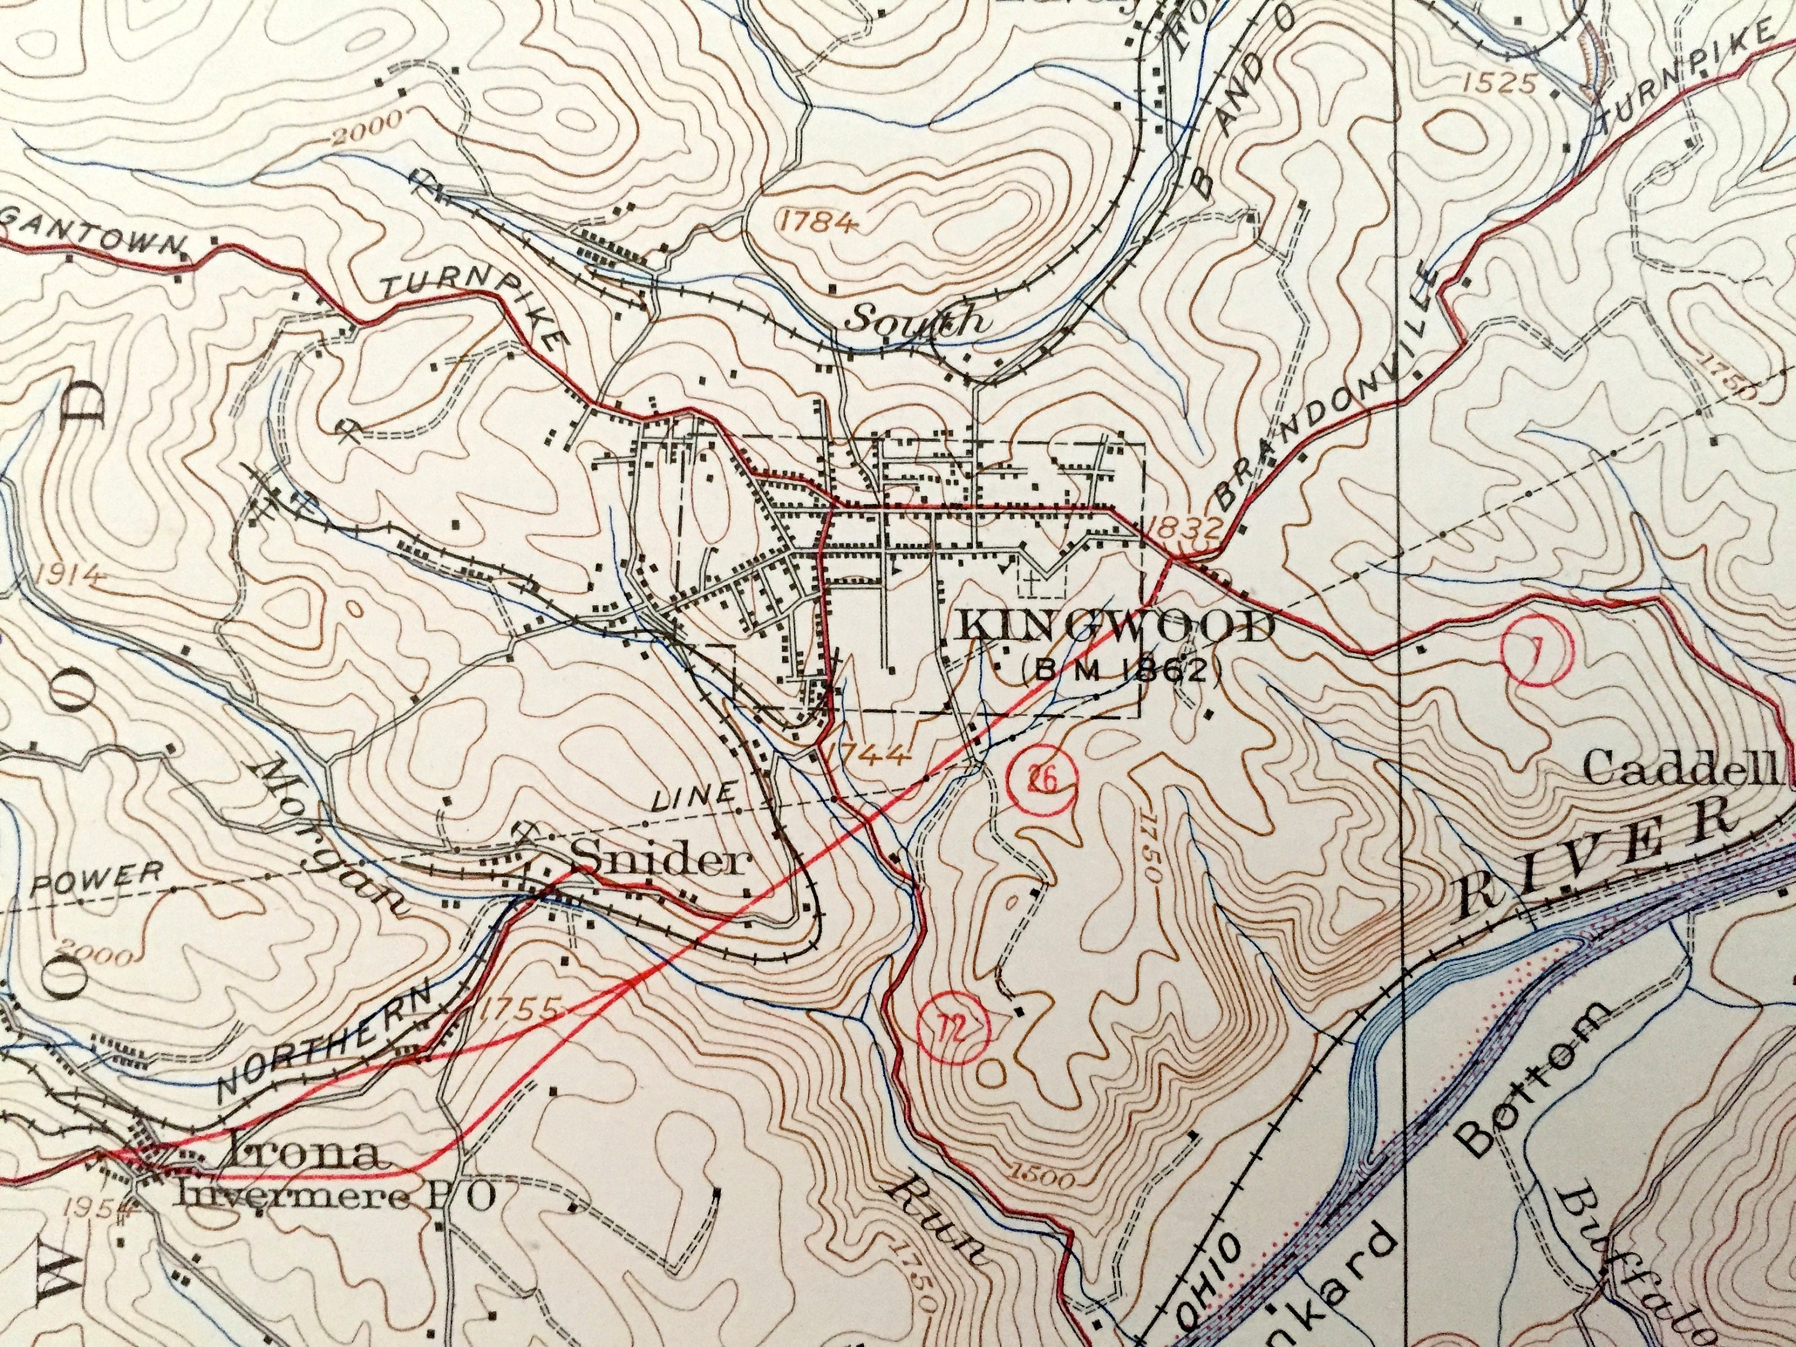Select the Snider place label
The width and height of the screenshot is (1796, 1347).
point(659,859)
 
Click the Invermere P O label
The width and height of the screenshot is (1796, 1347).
point(335,1197)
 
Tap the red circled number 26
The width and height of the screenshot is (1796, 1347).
point(1042,780)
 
